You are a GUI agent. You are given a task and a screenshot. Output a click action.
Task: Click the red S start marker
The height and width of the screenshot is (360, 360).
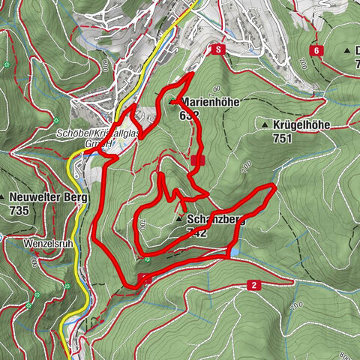[217, 49]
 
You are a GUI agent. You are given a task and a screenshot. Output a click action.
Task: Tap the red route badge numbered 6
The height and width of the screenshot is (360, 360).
[317, 50]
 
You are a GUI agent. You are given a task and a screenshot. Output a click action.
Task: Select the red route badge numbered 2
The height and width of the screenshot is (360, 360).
[254, 285]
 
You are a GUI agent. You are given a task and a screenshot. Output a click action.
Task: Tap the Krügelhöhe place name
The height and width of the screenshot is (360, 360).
[303, 125]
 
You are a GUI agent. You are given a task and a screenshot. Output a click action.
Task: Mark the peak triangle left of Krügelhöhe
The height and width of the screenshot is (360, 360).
[264, 124]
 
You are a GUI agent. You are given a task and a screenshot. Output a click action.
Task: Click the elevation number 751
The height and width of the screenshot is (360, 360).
[283, 138]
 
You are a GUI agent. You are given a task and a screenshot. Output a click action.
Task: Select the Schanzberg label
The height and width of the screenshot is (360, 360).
[217, 220]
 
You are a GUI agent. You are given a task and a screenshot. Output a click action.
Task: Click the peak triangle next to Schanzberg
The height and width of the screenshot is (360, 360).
[178, 220]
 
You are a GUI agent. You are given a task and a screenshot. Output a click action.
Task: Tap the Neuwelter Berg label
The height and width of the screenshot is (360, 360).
[49, 198]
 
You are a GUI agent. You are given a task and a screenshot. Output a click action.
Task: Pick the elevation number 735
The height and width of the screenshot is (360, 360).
[19, 211]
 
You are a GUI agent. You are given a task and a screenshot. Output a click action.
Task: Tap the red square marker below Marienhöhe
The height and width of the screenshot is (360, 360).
[196, 160]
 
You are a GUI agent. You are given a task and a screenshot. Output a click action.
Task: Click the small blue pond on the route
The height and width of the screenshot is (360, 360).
[236, 253]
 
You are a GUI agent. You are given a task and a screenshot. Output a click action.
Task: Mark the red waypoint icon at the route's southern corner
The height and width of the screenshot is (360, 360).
[145, 279]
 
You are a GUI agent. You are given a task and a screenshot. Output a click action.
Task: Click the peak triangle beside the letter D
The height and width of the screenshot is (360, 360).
[347, 49]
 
